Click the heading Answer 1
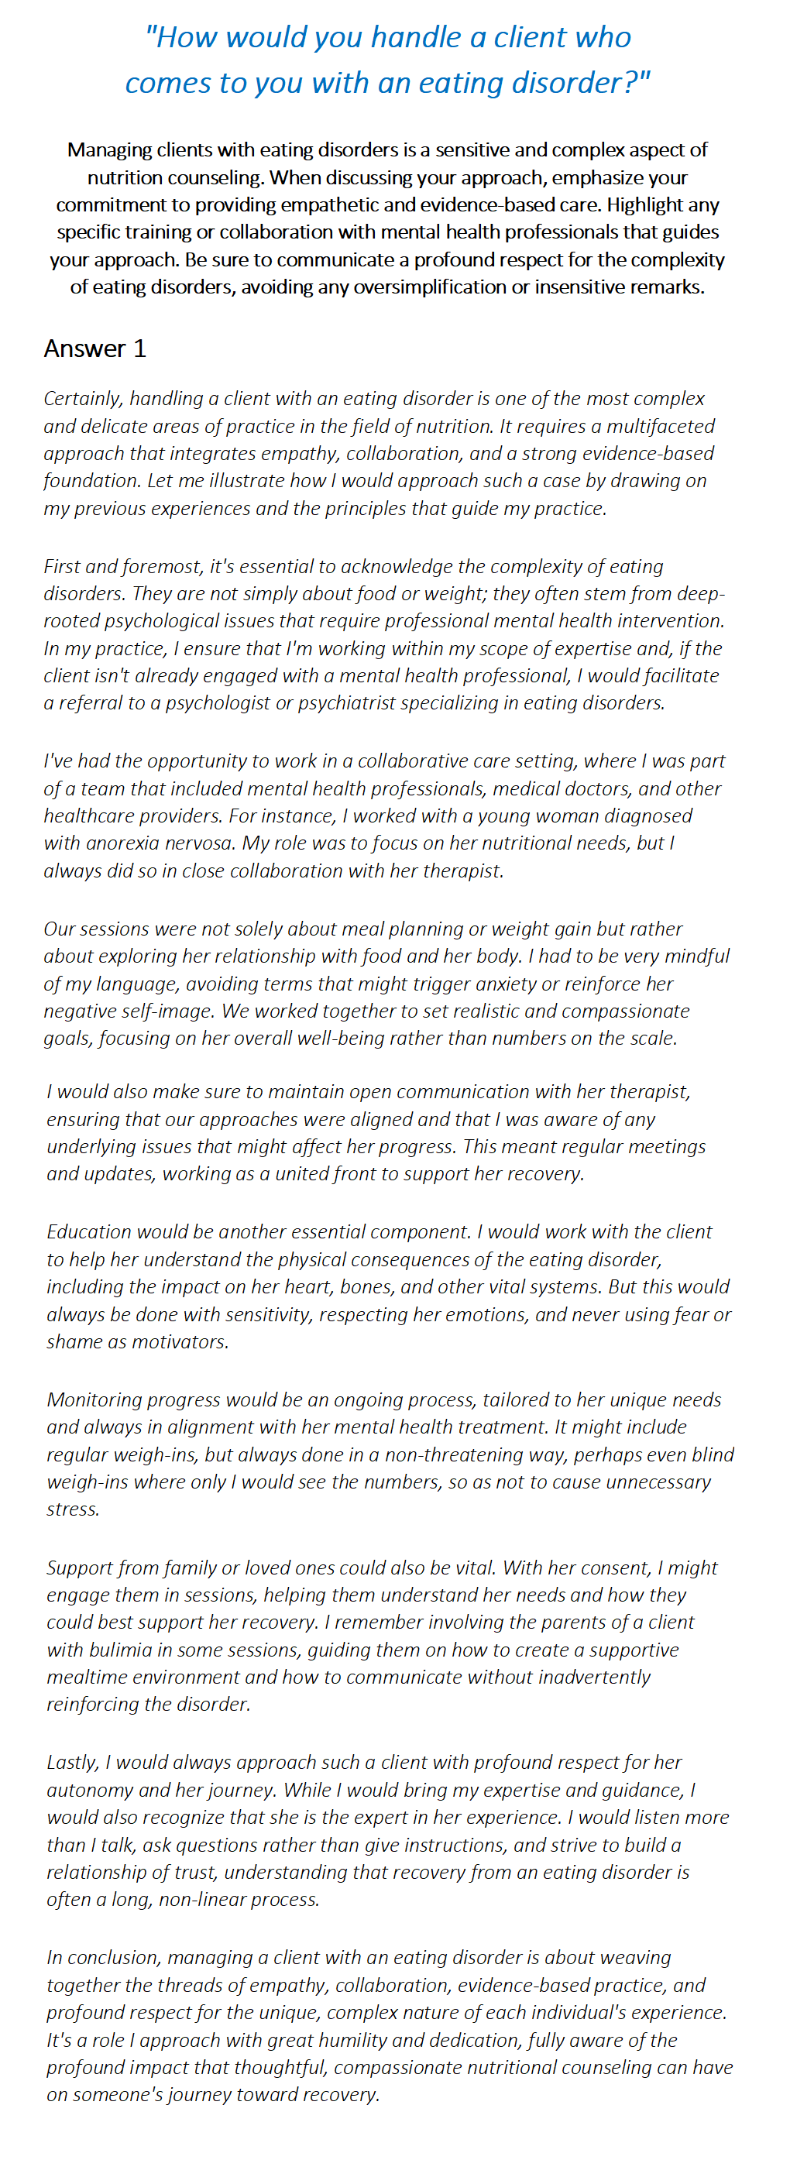[x=95, y=349]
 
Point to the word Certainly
[x=82, y=399]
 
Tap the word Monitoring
[x=94, y=1399]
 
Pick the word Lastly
[x=73, y=1762]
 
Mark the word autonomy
[x=89, y=1790]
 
